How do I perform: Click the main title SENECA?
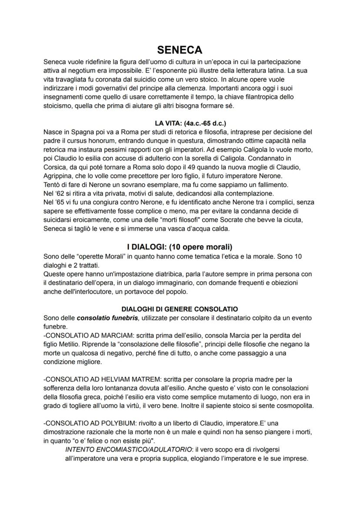pos(180,50)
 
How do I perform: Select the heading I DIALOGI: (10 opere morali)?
pos(180,247)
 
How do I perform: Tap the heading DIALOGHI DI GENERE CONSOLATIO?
pos(180,309)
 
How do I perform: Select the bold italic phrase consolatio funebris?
pos(107,318)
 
